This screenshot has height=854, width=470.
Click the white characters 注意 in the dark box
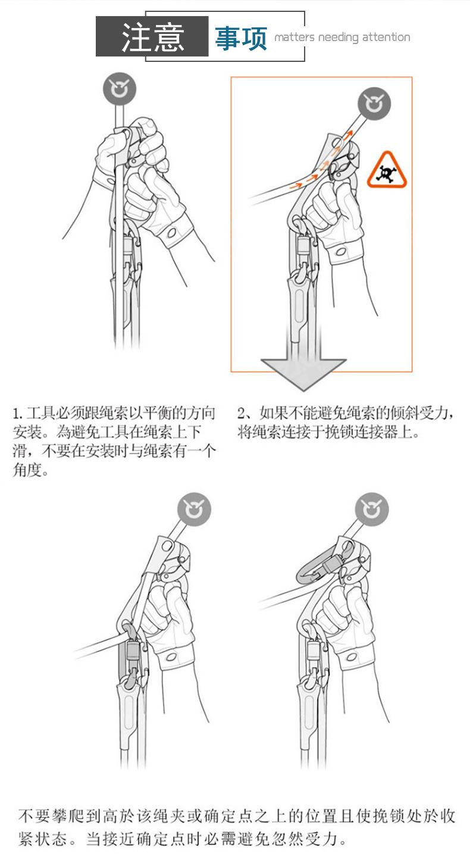click(x=152, y=37)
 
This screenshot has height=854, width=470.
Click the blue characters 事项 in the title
click(x=241, y=38)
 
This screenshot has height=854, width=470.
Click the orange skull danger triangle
click(x=386, y=171)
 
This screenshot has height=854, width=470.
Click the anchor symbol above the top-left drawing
click(x=120, y=90)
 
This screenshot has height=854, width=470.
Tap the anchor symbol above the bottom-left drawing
click(x=194, y=509)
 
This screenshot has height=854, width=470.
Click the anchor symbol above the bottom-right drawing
click(x=372, y=509)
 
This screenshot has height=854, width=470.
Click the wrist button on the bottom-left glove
click(x=171, y=657)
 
